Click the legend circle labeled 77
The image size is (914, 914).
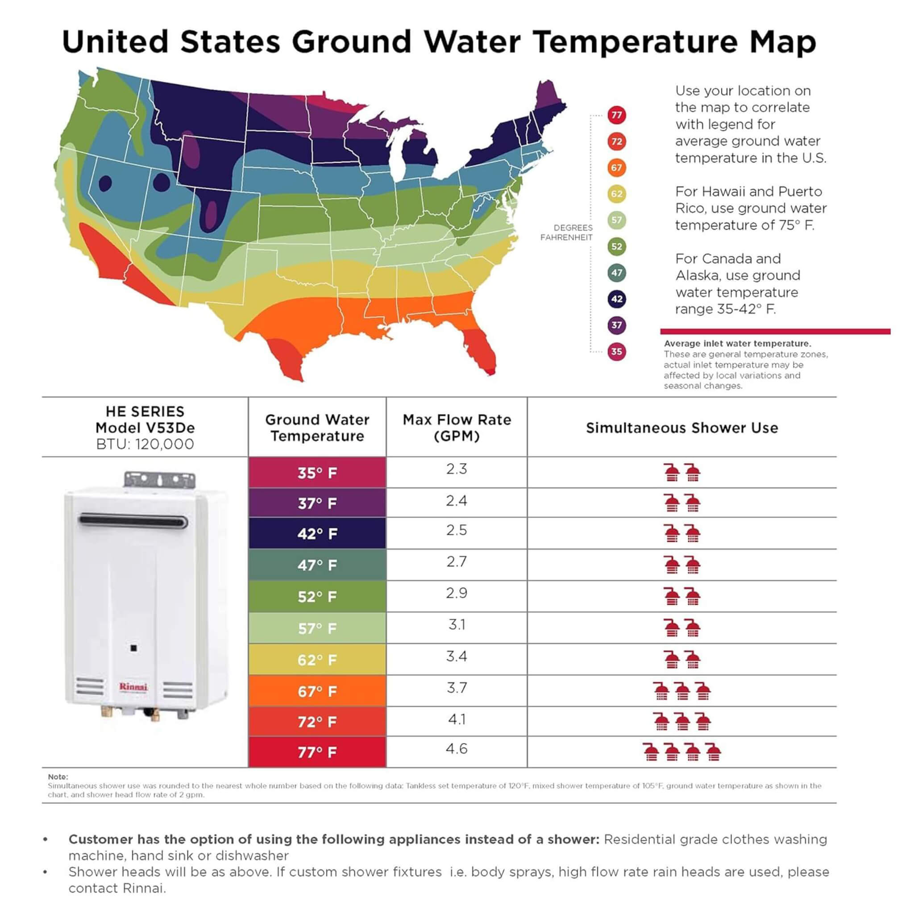coord(616,115)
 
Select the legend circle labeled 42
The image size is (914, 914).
coord(616,299)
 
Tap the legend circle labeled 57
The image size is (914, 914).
coord(616,220)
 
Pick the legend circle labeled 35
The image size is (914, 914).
coord(616,352)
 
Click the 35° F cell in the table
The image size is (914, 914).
coord(317,473)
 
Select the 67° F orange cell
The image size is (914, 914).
coord(317,691)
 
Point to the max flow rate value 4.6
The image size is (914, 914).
coord(457,748)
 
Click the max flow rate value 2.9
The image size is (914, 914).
coord(457,593)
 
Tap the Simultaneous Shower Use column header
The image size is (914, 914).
coord(682,428)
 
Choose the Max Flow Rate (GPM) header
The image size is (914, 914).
coord(457,428)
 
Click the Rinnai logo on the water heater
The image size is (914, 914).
coord(133,686)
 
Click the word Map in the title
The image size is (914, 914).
coord(783,42)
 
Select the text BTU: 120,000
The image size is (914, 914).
coord(145,444)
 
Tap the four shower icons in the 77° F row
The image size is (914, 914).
coord(682,751)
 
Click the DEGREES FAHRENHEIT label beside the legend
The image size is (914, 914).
coord(566,233)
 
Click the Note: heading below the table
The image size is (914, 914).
coord(58,777)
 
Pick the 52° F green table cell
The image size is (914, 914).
coord(317,597)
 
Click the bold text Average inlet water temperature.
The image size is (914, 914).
coord(737,344)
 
